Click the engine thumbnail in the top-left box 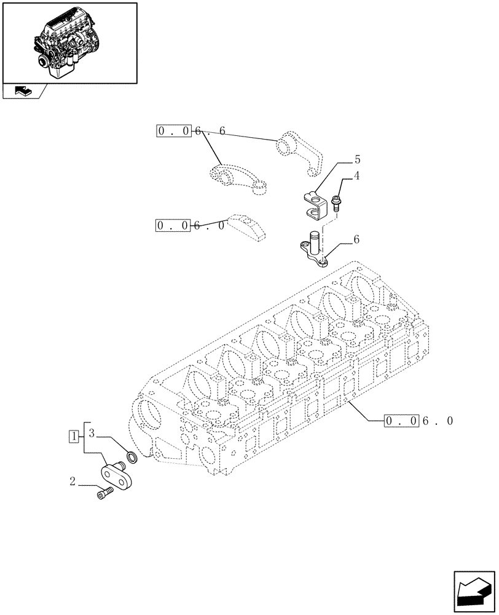tap(69, 42)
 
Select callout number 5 tap(357, 160)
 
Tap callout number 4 tap(356, 177)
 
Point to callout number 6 tap(356, 240)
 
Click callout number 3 tap(91, 433)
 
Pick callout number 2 tap(73, 482)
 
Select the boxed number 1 tap(74, 437)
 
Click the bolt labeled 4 tap(336, 202)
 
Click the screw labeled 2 tap(104, 493)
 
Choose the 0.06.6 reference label tap(191, 131)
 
